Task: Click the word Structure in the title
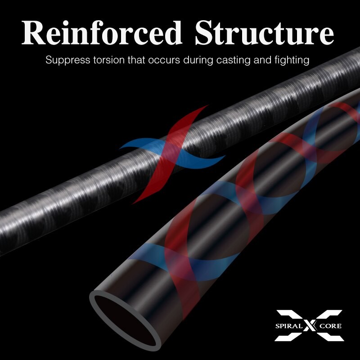pos(261,33)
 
